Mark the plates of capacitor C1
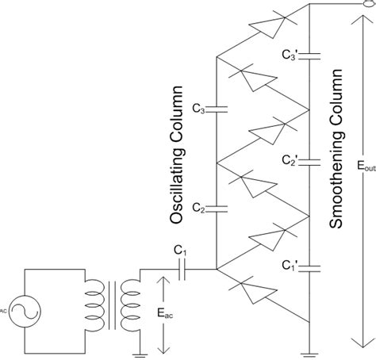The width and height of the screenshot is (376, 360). pyautogui.click(x=182, y=270)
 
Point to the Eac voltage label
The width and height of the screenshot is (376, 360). pyautogui.click(x=176, y=313)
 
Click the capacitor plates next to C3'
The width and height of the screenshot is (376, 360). pyautogui.click(x=308, y=55)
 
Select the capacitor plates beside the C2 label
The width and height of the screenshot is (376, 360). pyautogui.click(x=216, y=209)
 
